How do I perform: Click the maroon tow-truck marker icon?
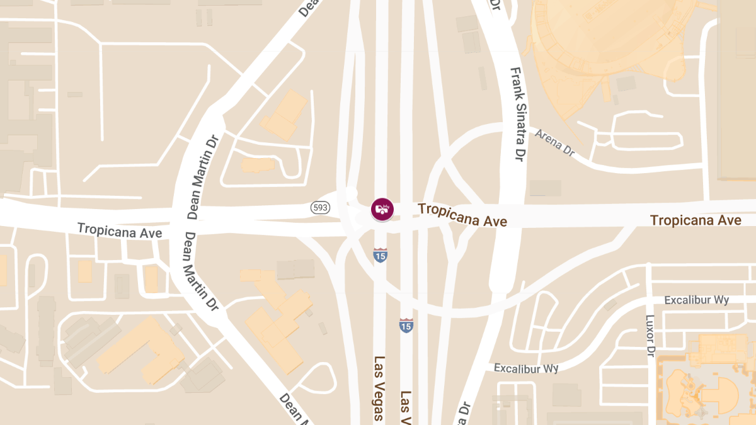pos(382,209)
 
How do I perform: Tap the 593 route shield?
pos(319,207)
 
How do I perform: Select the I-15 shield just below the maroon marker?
pos(380,254)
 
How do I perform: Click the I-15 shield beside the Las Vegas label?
pos(406,325)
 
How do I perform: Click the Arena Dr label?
pos(555,142)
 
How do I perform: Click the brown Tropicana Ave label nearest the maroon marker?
pos(462,215)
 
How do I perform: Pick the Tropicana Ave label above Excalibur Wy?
pos(696,220)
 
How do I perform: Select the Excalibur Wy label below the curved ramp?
pos(526,368)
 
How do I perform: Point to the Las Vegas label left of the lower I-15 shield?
pos(379,388)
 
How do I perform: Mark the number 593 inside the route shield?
pos(319,207)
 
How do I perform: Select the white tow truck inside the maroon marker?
pos(382,208)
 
